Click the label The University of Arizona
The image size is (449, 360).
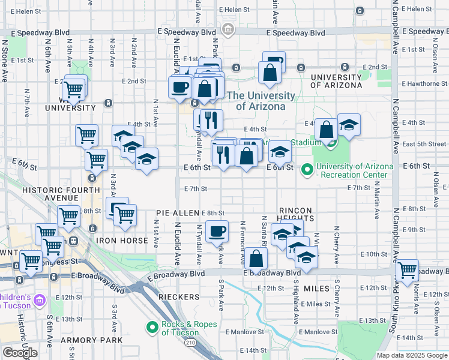(x=261, y=101)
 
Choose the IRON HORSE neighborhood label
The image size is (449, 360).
(x=122, y=241)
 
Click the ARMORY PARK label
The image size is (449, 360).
(x=91, y=340)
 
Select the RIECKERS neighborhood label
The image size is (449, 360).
(x=178, y=297)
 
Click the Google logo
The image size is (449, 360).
(x=20, y=353)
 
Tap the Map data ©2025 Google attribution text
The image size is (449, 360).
(x=412, y=355)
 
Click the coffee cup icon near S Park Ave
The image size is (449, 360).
(x=217, y=231)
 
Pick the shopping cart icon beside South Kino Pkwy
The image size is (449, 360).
(x=408, y=270)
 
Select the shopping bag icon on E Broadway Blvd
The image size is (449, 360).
(x=256, y=259)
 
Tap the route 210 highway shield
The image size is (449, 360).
(x=191, y=343)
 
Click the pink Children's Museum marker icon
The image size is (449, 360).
(x=40, y=299)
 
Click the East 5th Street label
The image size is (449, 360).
(x=424, y=144)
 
